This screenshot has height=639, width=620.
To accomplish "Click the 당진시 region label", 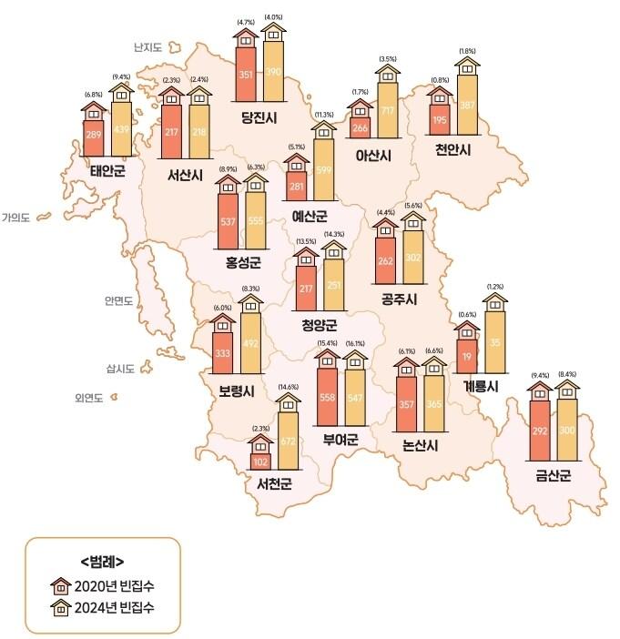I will click(x=259, y=117).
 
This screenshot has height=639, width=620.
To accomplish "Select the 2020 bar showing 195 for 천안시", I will click(x=440, y=120).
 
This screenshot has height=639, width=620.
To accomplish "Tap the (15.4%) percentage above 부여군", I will click(x=325, y=343).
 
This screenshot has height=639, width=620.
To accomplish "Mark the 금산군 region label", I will click(x=553, y=473).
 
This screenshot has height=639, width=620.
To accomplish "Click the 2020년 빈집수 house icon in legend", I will click(x=63, y=583).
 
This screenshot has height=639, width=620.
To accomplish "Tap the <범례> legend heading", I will click(x=101, y=561).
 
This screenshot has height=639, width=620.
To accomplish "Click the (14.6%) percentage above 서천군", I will click(x=288, y=387).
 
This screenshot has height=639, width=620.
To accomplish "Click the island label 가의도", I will click(x=16, y=218).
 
